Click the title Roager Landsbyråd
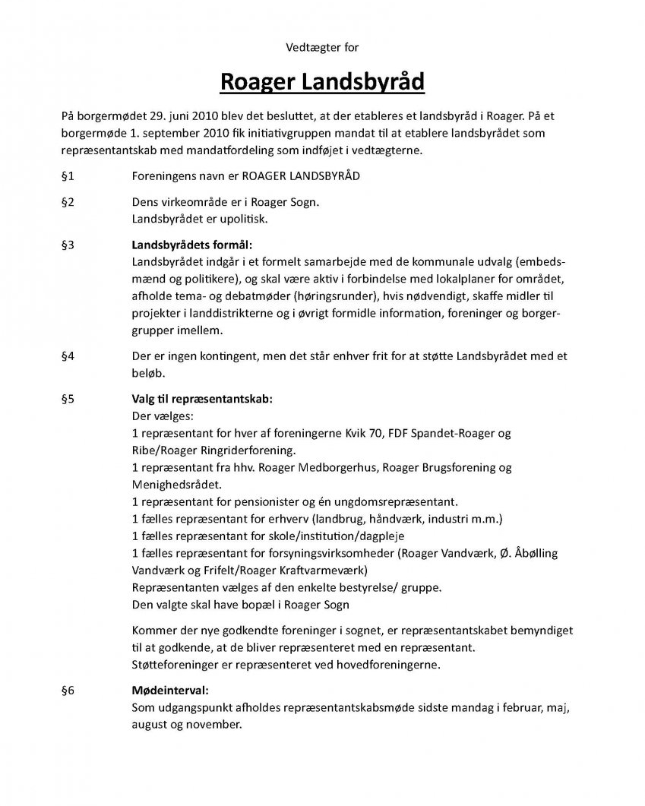322,81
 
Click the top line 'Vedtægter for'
322,47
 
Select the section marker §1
67,176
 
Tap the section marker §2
67,203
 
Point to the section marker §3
67,245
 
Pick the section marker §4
67,356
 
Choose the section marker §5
67,399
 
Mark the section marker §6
67,691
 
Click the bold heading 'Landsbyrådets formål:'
191,245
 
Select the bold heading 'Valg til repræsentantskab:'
201,399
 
